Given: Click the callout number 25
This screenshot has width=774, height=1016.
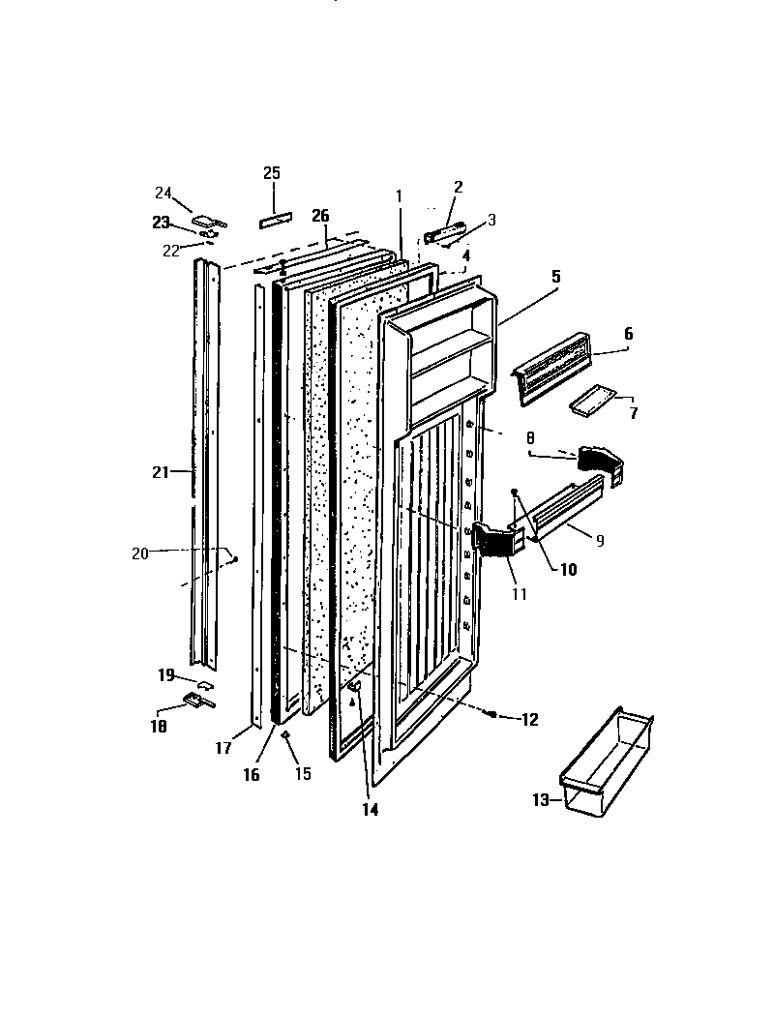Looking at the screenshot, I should [272, 173].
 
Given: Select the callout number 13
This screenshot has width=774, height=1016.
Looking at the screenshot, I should [540, 799].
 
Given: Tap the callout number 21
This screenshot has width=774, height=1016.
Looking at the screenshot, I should [161, 472].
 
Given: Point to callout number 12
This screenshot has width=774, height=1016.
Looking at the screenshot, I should [529, 719].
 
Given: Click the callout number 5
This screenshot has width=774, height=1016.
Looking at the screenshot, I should [556, 276].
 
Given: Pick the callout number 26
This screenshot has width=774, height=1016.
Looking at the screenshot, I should [320, 215].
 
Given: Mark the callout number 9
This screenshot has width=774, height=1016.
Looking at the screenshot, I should [600, 541].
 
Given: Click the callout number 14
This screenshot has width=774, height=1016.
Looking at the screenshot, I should [371, 810].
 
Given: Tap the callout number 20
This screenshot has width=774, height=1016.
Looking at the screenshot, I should [140, 553].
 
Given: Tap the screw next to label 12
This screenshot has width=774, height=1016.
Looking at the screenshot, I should [492, 714].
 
